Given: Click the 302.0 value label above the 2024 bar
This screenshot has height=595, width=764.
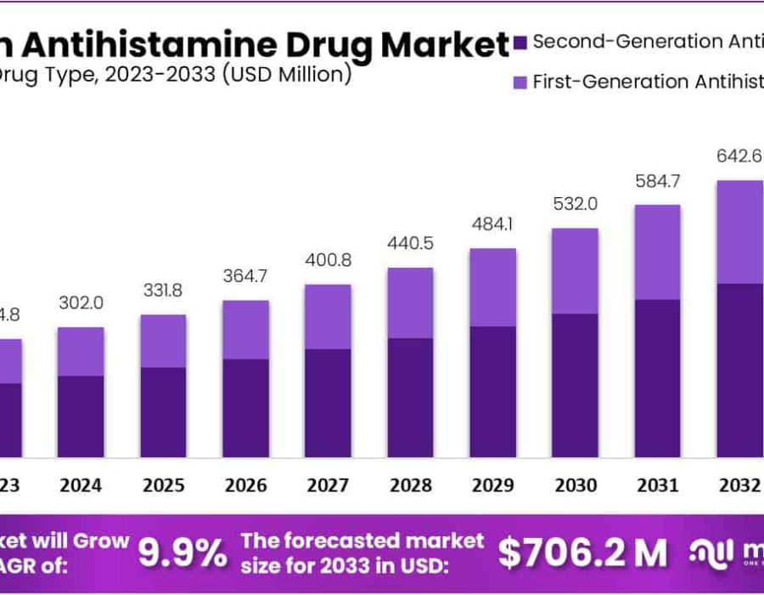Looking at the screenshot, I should pyautogui.click(x=81, y=303).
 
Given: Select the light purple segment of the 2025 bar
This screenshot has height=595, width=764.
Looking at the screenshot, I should pyautogui.click(x=163, y=341).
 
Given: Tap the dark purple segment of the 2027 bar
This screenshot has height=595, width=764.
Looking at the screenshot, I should pyautogui.click(x=328, y=403).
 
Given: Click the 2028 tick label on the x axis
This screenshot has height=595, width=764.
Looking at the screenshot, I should pyautogui.click(x=410, y=485).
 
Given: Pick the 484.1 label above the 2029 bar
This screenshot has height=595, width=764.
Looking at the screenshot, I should pyautogui.click(x=492, y=224).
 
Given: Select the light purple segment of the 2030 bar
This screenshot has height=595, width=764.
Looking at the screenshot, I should pyautogui.click(x=575, y=270).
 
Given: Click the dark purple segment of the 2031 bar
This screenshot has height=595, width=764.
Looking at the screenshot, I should pyautogui.click(x=657, y=378).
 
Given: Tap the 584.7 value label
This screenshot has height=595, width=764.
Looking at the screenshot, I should pyautogui.click(x=657, y=180).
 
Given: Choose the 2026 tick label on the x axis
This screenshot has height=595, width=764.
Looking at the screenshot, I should pyautogui.click(x=245, y=485).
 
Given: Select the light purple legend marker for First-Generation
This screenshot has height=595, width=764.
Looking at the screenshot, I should pyautogui.click(x=520, y=82).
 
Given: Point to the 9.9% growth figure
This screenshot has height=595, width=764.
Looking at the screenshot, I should pyautogui.click(x=183, y=553).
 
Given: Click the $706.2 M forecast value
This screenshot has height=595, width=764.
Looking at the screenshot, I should pyautogui.click(x=582, y=553).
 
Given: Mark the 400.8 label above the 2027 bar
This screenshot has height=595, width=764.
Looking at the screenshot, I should pyautogui.click(x=328, y=260).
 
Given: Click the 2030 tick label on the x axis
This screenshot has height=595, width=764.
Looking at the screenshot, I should pyautogui.click(x=575, y=485).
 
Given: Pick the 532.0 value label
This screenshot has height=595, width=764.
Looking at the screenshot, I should pyautogui.click(x=575, y=204).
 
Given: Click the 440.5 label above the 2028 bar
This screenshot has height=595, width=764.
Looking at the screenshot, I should pyautogui.click(x=410, y=243).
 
